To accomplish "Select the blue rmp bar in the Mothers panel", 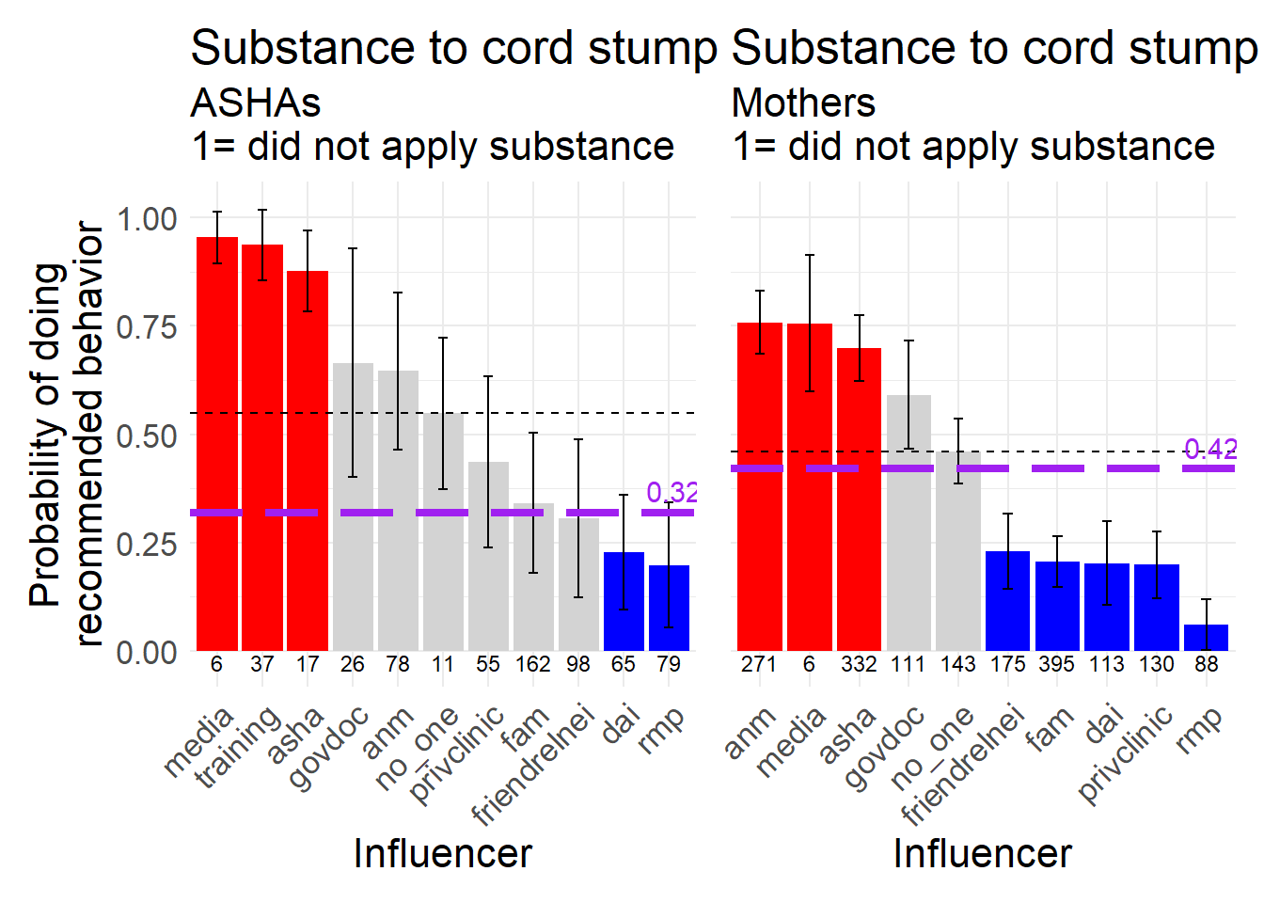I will pyautogui.click(x=1206, y=638).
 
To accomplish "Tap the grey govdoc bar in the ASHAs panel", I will pyautogui.click(x=353, y=508).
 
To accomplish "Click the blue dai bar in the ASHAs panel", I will pyautogui.click(x=624, y=602).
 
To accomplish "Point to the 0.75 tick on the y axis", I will pyautogui.click(x=147, y=327).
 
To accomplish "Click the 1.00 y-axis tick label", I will pyautogui.click(x=147, y=219).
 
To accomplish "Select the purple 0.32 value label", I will pyautogui.click(x=671, y=492).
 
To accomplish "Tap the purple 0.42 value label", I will pyautogui.click(x=1209, y=450).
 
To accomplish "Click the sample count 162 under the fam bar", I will pyautogui.click(x=532, y=664).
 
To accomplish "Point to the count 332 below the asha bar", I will pyautogui.click(x=859, y=664).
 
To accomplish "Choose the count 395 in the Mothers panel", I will pyautogui.click(x=1056, y=664).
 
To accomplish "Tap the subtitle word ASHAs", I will pyautogui.click(x=256, y=103).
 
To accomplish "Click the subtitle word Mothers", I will pyautogui.click(x=803, y=103).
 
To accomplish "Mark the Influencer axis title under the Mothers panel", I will pyautogui.click(x=982, y=854).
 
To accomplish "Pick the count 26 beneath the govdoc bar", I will pyautogui.click(x=353, y=664).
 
